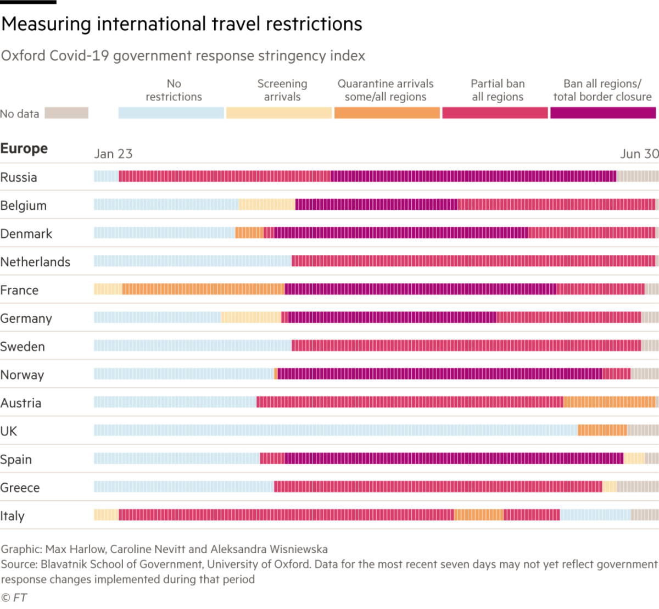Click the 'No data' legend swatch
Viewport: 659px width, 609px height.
pyautogui.click(x=66, y=113)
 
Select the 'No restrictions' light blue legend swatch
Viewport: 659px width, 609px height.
pyautogui.click(x=171, y=113)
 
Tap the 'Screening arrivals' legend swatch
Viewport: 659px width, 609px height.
pyautogui.click(x=279, y=113)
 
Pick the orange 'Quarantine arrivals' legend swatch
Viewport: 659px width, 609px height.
pyautogui.click(x=387, y=113)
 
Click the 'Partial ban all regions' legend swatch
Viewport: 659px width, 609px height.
pyautogui.click(x=495, y=113)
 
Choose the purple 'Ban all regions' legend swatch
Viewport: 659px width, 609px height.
pyautogui.click(x=603, y=113)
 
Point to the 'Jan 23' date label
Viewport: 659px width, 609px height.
pyautogui.click(x=113, y=154)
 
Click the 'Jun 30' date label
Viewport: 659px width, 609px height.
pyautogui.click(x=639, y=154)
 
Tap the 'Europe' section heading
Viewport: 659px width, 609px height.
pyautogui.click(x=24, y=148)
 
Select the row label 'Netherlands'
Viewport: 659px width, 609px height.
pyautogui.click(x=35, y=262)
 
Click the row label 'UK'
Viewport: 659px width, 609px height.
pyautogui.click(x=9, y=431)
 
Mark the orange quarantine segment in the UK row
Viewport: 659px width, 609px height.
pyautogui.click(x=602, y=431)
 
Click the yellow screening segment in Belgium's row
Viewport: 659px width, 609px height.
pyautogui.click(x=267, y=204)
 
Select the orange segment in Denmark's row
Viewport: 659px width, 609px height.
pyautogui.click(x=249, y=233)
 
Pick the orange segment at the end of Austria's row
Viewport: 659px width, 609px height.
pyautogui.click(x=610, y=402)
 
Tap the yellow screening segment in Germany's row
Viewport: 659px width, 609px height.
pyautogui.click(x=251, y=317)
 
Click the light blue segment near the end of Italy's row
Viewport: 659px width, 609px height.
pyautogui.click(x=595, y=515)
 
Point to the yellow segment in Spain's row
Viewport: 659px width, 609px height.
pyautogui.click(x=634, y=459)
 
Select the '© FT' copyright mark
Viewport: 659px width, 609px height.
pyautogui.click(x=14, y=597)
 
